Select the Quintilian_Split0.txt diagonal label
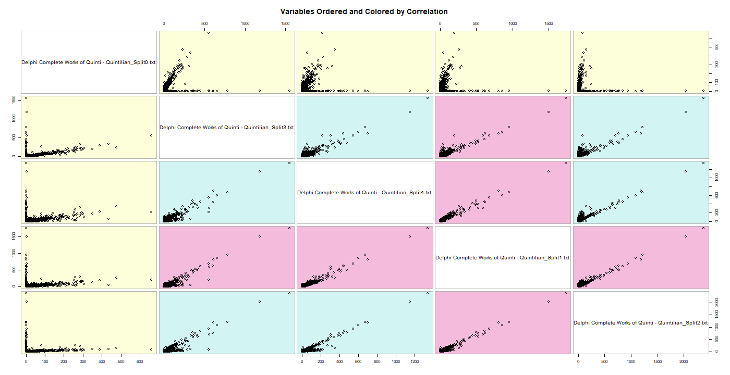coord(89,63)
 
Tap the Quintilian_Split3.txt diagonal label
coord(227,128)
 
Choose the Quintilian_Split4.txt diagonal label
coord(364,193)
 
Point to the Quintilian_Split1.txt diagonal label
coord(503,258)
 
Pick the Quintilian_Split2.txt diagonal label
coord(641,323)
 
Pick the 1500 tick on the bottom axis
coord(658,361)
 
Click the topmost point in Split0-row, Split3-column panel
coord(208,33)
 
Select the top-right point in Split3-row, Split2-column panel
coord(703,98)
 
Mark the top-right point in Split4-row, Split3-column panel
coord(289,163)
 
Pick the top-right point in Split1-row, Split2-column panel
coord(703,228)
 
